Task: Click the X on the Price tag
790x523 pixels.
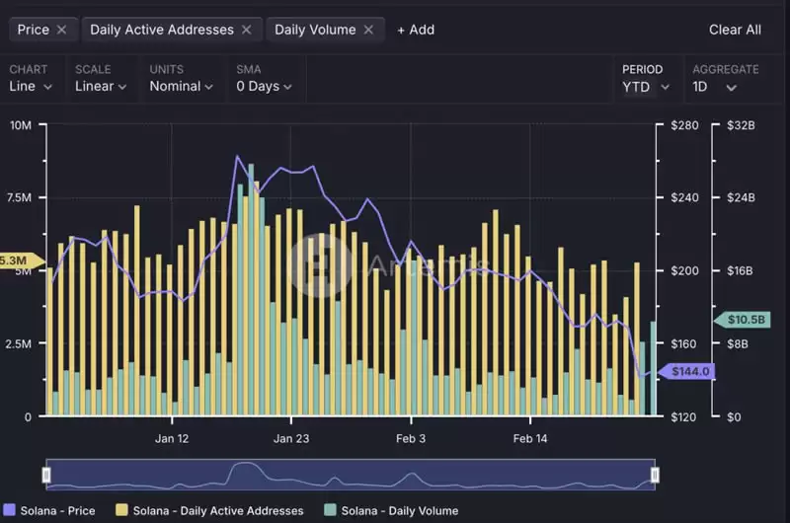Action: pyautogui.click(x=61, y=30)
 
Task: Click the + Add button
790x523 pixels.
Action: pyautogui.click(x=415, y=30)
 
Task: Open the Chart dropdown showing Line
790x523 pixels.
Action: pyautogui.click(x=29, y=86)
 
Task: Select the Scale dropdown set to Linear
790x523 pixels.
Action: pyautogui.click(x=101, y=86)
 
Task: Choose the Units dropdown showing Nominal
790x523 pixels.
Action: pyautogui.click(x=182, y=86)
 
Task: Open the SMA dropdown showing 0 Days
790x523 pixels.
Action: pyautogui.click(x=264, y=86)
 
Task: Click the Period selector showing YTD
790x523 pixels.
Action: pyautogui.click(x=646, y=86)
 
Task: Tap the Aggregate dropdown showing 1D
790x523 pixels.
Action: pyautogui.click(x=714, y=86)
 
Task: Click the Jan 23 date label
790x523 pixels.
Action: pyautogui.click(x=290, y=439)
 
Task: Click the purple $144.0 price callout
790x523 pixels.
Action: pyautogui.click(x=690, y=372)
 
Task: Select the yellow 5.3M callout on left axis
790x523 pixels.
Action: pyautogui.click(x=16, y=261)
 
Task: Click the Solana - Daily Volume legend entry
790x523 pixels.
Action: pyautogui.click(x=391, y=510)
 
